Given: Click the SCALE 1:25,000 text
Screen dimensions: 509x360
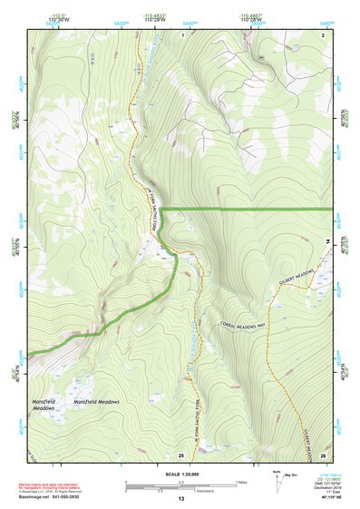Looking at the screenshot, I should point(180,473).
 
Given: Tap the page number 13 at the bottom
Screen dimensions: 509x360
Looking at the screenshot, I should point(180,499).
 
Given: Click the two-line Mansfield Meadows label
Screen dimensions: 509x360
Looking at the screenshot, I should point(45,405).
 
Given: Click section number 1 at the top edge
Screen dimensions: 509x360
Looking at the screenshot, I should point(182,34).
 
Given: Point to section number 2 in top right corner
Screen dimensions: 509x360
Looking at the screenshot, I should point(323,34).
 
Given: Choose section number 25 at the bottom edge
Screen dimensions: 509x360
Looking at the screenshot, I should point(181,454).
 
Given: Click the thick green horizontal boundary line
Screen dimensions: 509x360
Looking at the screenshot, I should point(254,210).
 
